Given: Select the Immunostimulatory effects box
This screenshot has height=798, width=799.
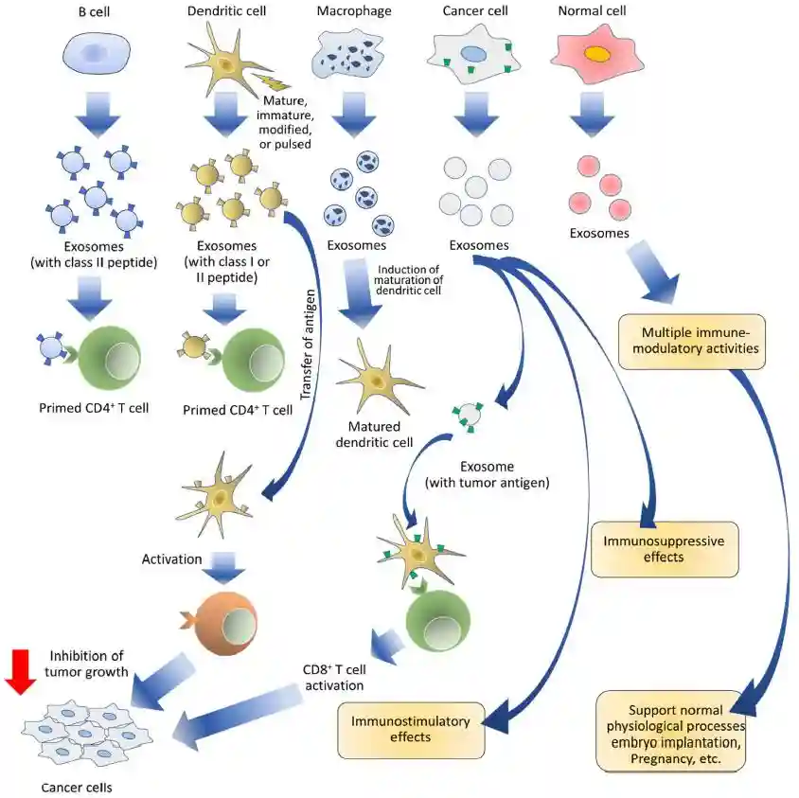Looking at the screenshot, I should pyautogui.click(x=411, y=729).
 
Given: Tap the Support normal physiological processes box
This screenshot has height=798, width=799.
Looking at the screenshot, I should pyautogui.click(x=674, y=734).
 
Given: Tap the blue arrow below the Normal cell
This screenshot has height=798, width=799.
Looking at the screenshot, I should pyautogui.click(x=594, y=112).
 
